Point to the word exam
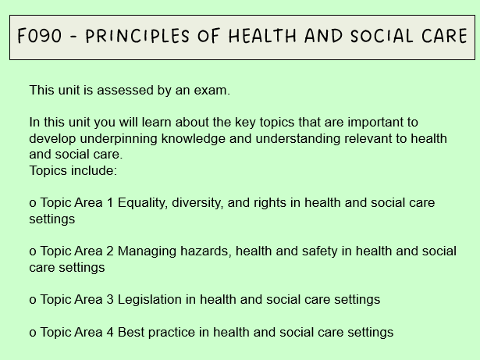point(213,90)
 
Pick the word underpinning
point(113,138)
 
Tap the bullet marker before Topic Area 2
point(33,251)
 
